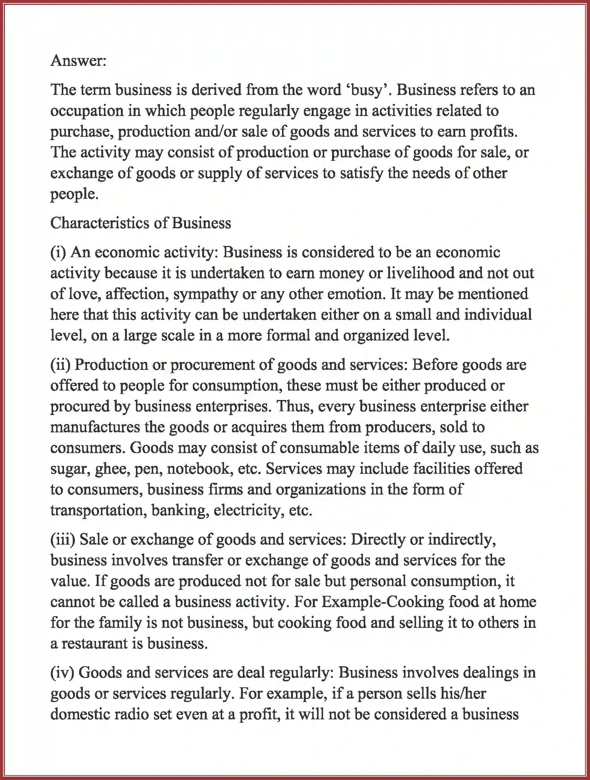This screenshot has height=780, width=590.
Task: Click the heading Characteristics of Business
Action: click(x=140, y=223)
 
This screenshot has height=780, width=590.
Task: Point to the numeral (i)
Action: click(x=58, y=252)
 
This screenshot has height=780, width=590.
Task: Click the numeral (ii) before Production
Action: click(x=61, y=365)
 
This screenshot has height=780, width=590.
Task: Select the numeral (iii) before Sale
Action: click(x=63, y=540)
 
